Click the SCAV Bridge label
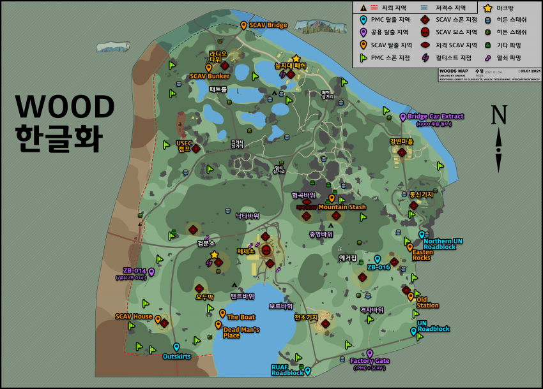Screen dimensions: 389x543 point(268,25)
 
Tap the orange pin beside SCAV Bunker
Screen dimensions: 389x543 point(208,67)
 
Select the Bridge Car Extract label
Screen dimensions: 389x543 point(435,117)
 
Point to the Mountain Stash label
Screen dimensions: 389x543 point(342,207)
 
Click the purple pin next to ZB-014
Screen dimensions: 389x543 point(151,272)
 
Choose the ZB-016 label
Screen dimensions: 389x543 point(378,267)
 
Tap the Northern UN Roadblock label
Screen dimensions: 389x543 point(443,244)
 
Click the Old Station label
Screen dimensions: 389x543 point(427,302)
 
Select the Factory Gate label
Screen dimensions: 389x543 point(369,361)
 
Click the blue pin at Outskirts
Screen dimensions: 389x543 point(177,347)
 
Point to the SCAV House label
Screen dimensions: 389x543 point(134,316)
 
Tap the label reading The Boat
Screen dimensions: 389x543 point(241,317)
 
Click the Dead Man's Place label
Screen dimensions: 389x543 point(241,332)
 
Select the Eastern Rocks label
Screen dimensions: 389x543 point(422,255)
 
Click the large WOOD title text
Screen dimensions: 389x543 point(65,106)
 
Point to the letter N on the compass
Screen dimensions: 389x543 point(498,115)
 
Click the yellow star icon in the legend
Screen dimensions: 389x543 point(487,8)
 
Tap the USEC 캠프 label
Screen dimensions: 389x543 point(183,145)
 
